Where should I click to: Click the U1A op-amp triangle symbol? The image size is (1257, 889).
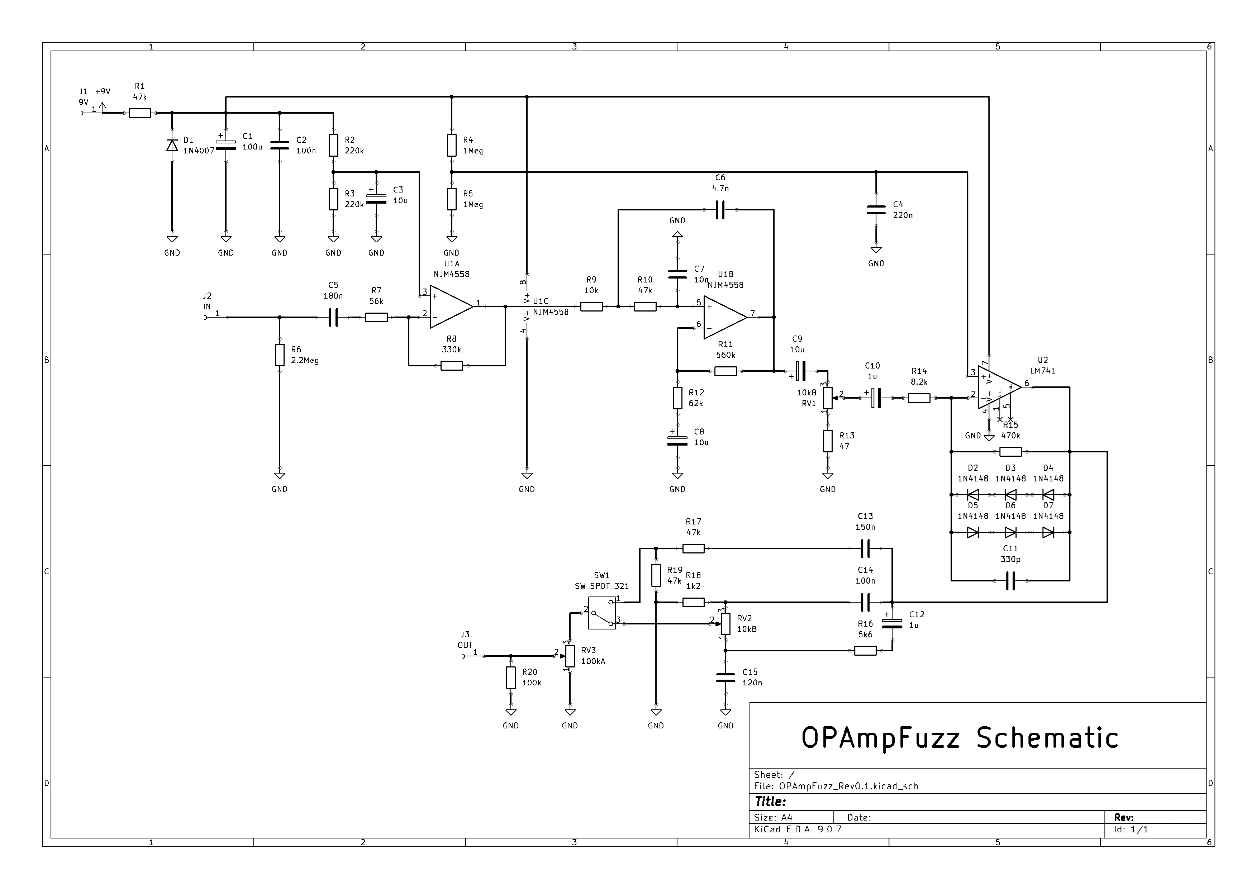click(451, 306)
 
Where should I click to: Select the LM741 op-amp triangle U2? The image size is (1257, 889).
click(999, 388)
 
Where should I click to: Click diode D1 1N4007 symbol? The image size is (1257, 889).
click(172, 145)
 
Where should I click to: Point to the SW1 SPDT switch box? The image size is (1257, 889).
click(602, 613)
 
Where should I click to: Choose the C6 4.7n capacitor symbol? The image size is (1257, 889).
click(720, 210)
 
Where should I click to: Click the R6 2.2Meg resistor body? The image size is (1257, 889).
click(280, 355)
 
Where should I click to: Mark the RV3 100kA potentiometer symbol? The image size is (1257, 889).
click(570, 656)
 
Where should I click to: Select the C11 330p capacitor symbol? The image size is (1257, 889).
click(1011, 580)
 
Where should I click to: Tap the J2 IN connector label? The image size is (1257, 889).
click(207, 301)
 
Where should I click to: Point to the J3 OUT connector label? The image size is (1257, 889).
click(465, 640)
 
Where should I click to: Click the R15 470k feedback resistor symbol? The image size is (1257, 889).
click(1010, 452)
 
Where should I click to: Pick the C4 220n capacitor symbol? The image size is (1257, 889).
click(876, 210)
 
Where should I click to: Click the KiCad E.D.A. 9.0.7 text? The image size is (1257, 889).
click(797, 829)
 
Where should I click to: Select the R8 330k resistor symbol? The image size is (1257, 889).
click(452, 366)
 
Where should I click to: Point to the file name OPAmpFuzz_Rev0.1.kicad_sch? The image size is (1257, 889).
click(849, 786)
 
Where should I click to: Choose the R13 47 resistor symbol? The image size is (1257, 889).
click(828, 441)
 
